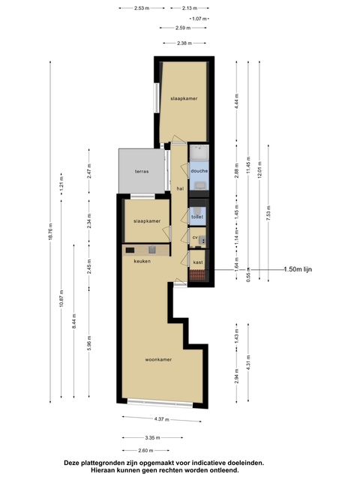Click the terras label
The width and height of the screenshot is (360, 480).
coord(142,172)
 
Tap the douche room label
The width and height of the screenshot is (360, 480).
coord(199,171)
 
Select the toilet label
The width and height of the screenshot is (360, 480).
coord(197,217)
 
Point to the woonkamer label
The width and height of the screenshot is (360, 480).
coord(158,359)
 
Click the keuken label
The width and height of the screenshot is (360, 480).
coord(142,261)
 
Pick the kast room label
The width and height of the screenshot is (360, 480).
coord(198,262)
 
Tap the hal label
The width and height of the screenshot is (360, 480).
coord(180,189)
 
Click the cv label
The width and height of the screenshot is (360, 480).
coord(195,237)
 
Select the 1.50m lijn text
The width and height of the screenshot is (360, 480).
coord(298,269)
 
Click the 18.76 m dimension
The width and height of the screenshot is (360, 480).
coord(50,232)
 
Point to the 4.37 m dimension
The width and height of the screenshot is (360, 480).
coord(162,419)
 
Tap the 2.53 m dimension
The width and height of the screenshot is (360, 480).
coord(142,8)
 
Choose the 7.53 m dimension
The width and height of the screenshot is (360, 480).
coord(268,213)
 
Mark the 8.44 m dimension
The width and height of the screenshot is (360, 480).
coord(73,321)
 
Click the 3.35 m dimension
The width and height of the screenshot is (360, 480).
coord(152,438)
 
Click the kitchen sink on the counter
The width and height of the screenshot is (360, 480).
coord(152,250)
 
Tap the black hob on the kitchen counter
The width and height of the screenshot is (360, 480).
coord(130,250)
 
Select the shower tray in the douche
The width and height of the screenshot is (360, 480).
coord(199,152)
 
